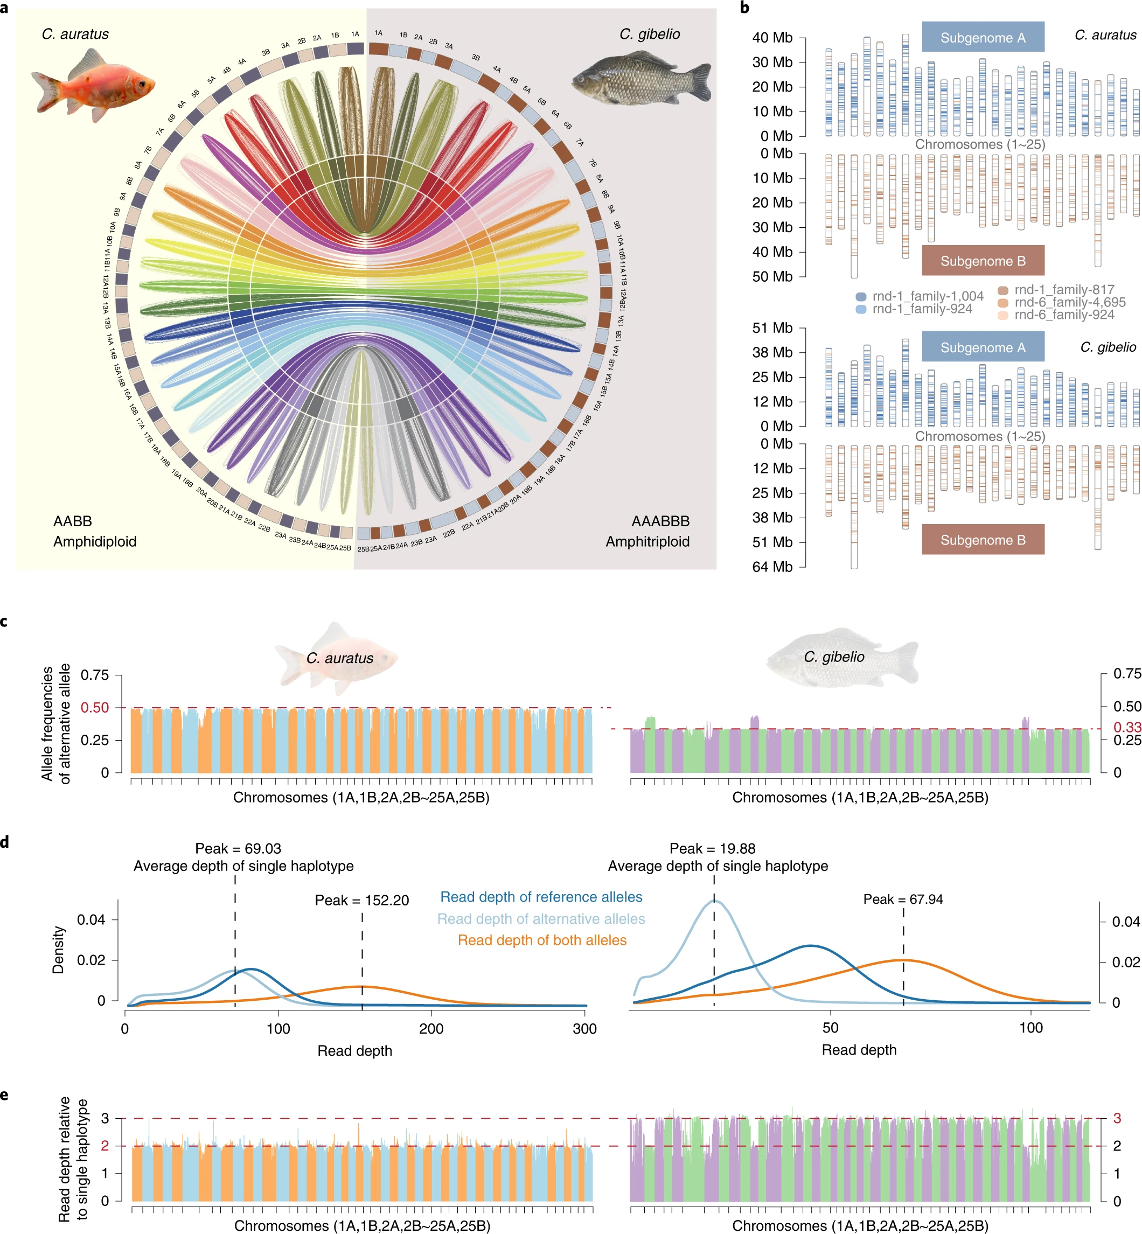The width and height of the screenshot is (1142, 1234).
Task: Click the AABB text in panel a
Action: pos(72,521)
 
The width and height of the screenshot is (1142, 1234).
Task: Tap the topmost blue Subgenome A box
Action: pos(983,37)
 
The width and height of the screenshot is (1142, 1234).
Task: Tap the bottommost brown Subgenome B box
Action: pos(983,540)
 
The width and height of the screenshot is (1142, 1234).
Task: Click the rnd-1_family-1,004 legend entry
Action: pos(927,296)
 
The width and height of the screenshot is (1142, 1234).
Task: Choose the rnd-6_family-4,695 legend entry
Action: pos(1069,302)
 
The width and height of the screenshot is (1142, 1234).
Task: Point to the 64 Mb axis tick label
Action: pos(772,567)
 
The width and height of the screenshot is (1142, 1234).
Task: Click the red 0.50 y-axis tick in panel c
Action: pos(95,708)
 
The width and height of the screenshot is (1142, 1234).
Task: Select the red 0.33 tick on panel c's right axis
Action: pos(1126,727)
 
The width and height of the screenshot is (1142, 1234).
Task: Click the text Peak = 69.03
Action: pos(238,848)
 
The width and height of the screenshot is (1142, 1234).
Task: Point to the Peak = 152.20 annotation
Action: pos(361,901)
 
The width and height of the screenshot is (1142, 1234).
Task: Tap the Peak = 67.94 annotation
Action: pos(903,899)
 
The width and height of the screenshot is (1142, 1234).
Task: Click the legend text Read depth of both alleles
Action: pos(542,940)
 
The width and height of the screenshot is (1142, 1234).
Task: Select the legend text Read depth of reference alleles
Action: pos(541,897)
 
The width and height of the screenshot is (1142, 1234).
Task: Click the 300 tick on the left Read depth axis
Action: pos(584,1029)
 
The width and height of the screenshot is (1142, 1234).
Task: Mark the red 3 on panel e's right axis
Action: pos(1117,1118)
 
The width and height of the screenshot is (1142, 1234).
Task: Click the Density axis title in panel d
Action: pos(58,950)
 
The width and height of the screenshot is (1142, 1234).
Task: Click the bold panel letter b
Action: pos(744,8)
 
